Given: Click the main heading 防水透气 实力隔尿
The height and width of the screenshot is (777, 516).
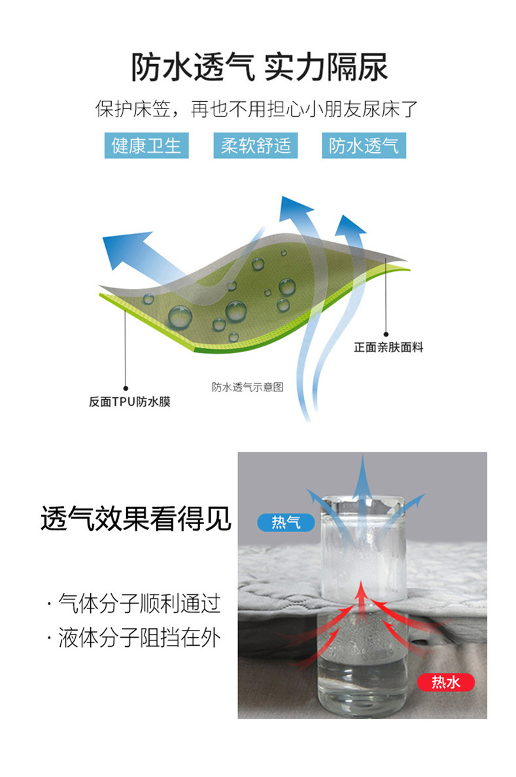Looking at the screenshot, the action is click(x=259, y=68).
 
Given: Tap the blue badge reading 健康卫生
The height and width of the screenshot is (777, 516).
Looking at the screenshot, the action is click(x=146, y=145).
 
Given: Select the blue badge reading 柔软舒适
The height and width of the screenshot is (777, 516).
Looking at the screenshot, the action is click(x=255, y=145).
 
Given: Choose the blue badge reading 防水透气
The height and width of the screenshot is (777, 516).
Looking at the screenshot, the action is click(x=364, y=145).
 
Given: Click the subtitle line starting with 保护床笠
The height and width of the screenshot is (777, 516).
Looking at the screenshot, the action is click(x=257, y=108).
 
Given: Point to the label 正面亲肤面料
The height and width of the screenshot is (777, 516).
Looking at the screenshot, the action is click(x=388, y=348).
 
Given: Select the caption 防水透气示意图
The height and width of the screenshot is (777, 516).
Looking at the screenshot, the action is click(x=247, y=387).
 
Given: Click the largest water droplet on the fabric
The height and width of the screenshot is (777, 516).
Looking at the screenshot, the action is click(x=180, y=317).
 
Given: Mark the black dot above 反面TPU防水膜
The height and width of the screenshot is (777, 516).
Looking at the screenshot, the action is click(x=126, y=388).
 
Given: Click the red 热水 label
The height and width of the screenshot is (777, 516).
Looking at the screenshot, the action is click(x=445, y=682).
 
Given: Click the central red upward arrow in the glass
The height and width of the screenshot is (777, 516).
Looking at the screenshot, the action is click(x=360, y=601).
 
